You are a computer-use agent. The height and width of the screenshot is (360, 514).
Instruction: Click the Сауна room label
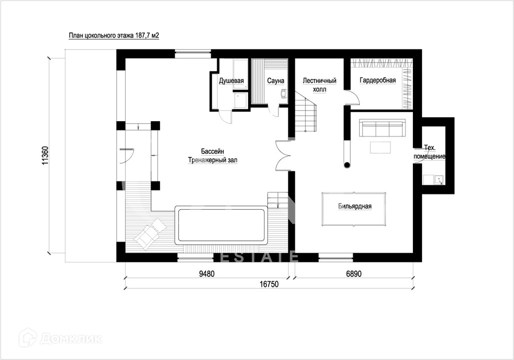click(x=275, y=81)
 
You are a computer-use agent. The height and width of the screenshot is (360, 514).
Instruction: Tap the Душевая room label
click(x=231, y=81)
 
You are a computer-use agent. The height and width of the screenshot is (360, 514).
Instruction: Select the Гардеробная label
click(x=378, y=80)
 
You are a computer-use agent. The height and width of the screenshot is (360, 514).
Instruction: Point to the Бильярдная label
click(x=355, y=206)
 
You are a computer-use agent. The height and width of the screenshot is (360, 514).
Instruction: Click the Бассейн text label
click(x=212, y=152)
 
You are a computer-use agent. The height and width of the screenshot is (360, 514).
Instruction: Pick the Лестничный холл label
click(x=320, y=85)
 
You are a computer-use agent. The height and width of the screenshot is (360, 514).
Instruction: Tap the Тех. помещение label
click(x=429, y=152)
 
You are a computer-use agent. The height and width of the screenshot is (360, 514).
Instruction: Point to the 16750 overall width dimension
click(x=269, y=284)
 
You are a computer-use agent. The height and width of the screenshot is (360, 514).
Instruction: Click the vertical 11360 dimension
click(x=45, y=155)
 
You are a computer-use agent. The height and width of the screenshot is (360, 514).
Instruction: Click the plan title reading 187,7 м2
click(x=114, y=36)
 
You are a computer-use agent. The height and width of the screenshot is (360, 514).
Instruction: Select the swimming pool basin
click(x=221, y=225)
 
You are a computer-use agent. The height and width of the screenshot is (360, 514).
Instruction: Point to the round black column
click(x=347, y=165)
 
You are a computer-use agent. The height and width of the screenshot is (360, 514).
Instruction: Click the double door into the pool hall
click(x=283, y=155)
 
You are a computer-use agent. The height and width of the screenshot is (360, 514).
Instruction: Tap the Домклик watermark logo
click(x=61, y=338)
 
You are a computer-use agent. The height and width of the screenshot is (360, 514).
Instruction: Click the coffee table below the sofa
click(x=380, y=148)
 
